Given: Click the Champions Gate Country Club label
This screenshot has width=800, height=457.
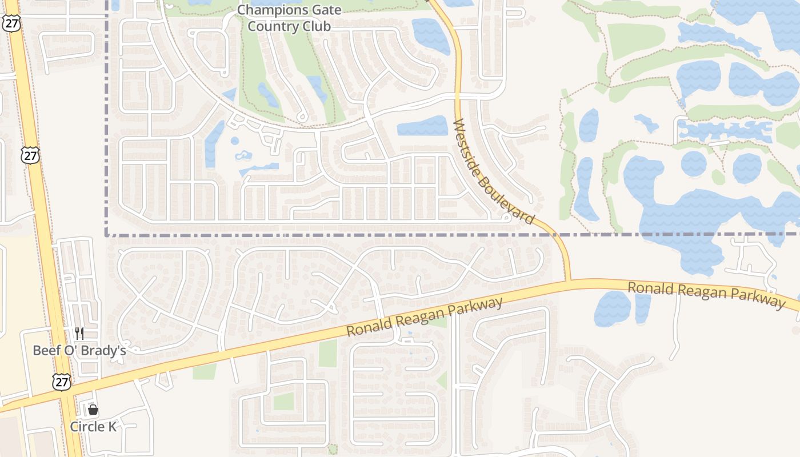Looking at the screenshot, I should coord(289,18).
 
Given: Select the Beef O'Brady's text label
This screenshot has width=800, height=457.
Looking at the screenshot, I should coord(79,350).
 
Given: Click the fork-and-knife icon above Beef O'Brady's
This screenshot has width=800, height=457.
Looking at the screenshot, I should coord(79,334).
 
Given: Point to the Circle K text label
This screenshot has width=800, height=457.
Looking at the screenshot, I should coord(93,427).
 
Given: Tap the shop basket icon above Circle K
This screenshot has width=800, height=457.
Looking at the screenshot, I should coord(93,410).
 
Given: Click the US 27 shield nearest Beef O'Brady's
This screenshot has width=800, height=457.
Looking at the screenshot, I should coord(61,382).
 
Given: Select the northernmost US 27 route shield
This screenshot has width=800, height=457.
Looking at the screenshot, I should coord(11,23).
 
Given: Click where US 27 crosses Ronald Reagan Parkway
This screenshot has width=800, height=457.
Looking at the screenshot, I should coord(64,392).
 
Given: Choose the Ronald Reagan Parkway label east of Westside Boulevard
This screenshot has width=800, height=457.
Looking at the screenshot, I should coord(706,294).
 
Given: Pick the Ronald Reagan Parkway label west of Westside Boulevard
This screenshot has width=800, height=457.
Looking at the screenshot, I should coord(425,316).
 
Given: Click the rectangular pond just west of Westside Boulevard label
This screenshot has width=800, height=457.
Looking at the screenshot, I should coord(423,126).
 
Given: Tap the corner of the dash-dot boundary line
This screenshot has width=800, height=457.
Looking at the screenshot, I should coord(107,234).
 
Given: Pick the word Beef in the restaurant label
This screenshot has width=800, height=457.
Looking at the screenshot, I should coord(44,350).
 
